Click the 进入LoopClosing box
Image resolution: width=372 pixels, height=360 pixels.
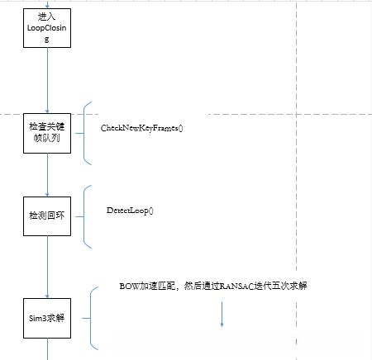(48, 27)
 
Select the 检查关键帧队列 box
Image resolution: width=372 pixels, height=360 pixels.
(48, 130)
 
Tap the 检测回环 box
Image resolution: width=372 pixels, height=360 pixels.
(48, 216)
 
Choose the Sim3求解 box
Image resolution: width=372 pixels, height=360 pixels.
(48, 318)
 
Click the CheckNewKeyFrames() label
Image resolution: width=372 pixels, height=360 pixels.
(141, 129)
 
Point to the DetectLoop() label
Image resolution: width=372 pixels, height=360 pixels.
(131, 211)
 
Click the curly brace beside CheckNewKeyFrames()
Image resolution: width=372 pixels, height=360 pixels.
(86, 130)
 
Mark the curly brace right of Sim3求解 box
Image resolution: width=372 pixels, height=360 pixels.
(92, 318)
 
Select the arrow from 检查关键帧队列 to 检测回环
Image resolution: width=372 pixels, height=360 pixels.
(48, 173)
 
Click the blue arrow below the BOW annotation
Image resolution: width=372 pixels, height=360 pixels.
(222, 314)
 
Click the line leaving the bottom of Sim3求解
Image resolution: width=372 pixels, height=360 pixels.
(48, 352)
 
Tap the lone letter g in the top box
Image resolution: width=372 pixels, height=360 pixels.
(48, 39)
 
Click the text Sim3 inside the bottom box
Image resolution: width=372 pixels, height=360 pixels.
(38, 318)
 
